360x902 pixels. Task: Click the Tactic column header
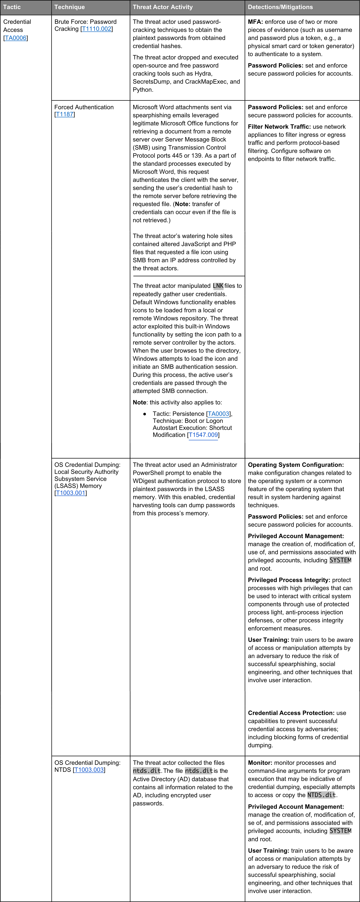pos(12,7)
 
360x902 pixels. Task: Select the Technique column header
pos(69,7)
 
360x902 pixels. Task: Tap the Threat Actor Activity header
pos(163,7)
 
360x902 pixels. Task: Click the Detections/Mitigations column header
pos(280,7)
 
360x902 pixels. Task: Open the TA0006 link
pos(15,38)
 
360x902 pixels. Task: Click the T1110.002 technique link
pos(97,29)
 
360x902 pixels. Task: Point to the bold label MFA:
pos(255,22)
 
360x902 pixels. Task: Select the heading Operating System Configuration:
pos(296,465)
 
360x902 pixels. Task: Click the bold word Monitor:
pos(260,763)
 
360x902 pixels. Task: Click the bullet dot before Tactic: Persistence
pos(145,414)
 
